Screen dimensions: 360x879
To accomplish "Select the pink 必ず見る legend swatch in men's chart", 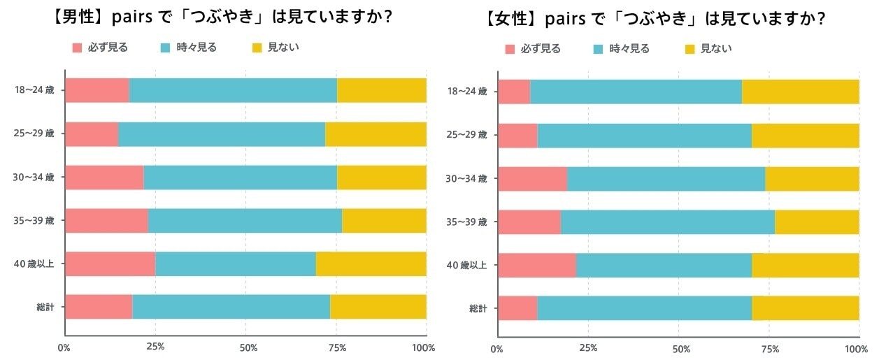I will coord(78,48).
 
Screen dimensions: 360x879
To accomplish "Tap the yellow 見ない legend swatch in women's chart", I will coord(690,49).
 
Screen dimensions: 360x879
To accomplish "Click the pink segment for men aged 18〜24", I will coord(97,91).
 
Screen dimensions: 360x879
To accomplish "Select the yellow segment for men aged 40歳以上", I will coord(371,264).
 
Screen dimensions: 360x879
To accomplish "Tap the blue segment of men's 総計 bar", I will coord(231,307).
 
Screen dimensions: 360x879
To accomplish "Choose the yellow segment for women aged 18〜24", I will coord(800,92).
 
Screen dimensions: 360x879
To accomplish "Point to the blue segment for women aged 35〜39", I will coord(667,222).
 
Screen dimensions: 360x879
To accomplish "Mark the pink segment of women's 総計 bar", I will coord(517,308).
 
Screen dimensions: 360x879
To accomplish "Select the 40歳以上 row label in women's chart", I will coord(466,265).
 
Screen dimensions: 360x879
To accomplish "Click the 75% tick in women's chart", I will coord(770,349).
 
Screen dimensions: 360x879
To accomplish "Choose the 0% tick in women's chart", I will coord(496,349).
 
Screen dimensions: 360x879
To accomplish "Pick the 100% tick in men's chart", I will coord(424,347).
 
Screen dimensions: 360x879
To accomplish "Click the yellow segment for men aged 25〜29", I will coord(376,134).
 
